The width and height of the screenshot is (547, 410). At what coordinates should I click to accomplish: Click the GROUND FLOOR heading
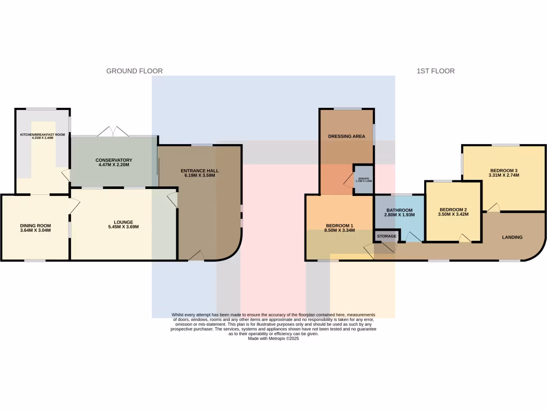134,71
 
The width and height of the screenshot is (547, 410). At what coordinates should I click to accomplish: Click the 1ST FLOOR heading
435,71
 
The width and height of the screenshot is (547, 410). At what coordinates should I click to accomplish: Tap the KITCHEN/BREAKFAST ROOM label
42,135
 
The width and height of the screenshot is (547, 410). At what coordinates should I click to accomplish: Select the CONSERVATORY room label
114,160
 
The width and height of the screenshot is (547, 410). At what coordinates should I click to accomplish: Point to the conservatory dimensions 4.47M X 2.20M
114,165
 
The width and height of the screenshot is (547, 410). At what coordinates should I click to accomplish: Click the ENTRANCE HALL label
199,171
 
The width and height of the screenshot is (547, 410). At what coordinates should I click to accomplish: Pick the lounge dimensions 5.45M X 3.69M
123,227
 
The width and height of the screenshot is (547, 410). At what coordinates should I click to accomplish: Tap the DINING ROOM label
35,225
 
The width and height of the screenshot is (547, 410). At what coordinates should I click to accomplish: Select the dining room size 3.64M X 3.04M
35,231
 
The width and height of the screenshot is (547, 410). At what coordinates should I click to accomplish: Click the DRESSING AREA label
347,136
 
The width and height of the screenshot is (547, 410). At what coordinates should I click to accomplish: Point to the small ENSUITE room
363,179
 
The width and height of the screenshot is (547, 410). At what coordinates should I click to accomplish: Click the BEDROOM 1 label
340,226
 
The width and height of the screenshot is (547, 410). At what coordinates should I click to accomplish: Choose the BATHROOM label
400,210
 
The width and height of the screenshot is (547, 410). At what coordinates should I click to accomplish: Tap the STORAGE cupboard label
387,236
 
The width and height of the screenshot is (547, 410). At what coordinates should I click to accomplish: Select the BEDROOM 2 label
453,210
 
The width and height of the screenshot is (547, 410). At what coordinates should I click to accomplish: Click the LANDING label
512,237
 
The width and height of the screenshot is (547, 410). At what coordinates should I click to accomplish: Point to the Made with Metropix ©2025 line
273,338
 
